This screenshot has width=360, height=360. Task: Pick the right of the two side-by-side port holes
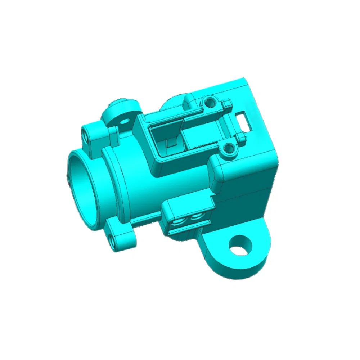pos(196,216)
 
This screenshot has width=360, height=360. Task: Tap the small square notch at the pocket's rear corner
pos(227,104)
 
